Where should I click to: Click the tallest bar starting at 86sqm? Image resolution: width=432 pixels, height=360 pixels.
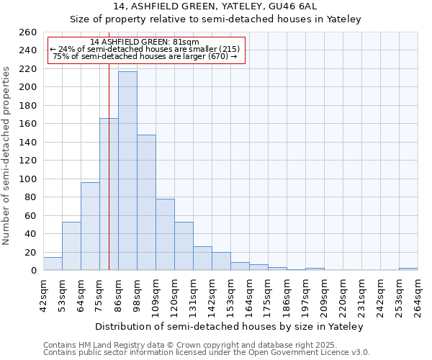coord(127,171)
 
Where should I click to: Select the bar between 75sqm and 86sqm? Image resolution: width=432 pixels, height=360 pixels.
coord(109,194)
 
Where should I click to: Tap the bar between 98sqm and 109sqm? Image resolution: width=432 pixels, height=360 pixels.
coord(146,202)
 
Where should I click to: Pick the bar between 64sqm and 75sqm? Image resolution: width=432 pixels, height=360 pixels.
coord(90,226)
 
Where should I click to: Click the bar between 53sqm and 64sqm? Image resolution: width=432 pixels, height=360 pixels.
coord(71,246)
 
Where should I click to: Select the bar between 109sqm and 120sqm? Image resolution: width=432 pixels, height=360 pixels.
coord(165,235)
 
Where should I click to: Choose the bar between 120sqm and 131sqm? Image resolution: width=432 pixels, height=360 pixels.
coord(184,246)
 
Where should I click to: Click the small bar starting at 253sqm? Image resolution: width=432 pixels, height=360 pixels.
coord(408,269)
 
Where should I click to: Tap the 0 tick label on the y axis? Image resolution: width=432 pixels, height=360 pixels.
coord(33,271)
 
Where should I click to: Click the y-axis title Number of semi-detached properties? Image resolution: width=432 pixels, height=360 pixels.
coord(7,155)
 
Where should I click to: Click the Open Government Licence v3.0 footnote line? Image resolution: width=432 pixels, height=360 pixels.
coord(207,353)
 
